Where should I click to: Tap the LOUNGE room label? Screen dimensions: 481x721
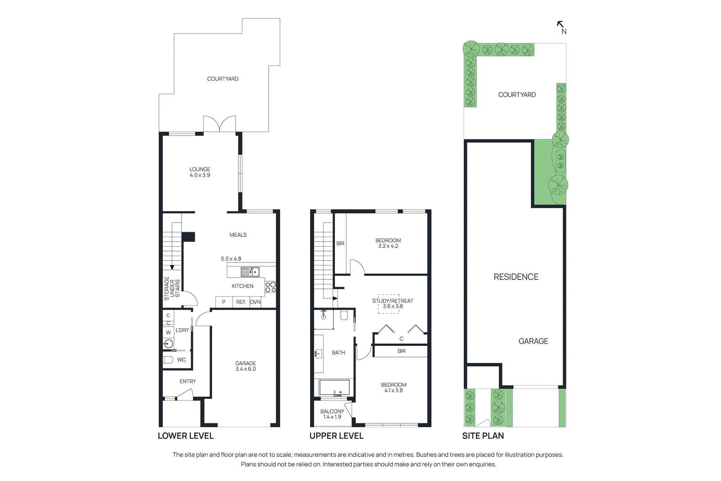(x=200, y=172)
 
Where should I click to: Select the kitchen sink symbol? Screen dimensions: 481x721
(x=250, y=272)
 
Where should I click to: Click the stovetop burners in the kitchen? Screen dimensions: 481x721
(x=270, y=287)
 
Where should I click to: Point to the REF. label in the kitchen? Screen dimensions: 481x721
(x=241, y=302)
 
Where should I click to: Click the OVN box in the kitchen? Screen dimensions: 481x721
(x=255, y=302)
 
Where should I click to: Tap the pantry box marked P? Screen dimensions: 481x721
(x=224, y=302)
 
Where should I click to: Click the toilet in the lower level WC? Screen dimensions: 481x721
(x=168, y=360)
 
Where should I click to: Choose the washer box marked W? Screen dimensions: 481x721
(x=168, y=332)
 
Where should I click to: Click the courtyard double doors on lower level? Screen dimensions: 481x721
(x=219, y=124)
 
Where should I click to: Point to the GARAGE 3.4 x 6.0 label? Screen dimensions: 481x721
(x=246, y=366)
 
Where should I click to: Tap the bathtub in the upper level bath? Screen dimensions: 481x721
(x=334, y=388)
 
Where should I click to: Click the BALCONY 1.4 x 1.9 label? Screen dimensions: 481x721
(x=332, y=414)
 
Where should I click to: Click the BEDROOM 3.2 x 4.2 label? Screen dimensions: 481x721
(x=388, y=243)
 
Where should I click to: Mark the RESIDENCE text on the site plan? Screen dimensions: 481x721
(x=516, y=277)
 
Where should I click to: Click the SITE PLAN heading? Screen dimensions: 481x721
(x=483, y=435)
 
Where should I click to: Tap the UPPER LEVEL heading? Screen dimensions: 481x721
(x=336, y=435)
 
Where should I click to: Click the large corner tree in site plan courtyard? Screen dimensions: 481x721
(x=471, y=49)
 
